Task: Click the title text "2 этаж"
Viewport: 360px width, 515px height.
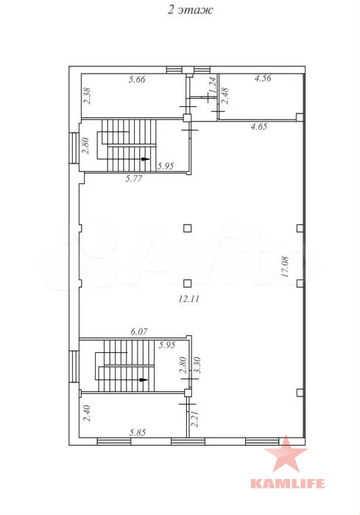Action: (x=191, y=10)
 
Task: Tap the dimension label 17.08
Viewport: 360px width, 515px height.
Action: (x=285, y=267)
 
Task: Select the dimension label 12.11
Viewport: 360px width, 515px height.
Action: (x=189, y=299)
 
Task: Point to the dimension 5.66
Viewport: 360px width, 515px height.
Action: (x=137, y=79)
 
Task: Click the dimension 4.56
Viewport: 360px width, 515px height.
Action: (x=263, y=78)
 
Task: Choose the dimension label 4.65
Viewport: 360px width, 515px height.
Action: (x=259, y=127)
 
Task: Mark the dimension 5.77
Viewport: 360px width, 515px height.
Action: (x=134, y=178)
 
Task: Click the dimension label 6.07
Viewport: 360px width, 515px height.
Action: (x=139, y=332)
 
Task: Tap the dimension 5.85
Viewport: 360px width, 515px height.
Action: (x=138, y=432)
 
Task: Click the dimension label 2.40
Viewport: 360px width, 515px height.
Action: (x=86, y=413)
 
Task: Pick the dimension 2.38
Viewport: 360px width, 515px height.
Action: (x=88, y=96)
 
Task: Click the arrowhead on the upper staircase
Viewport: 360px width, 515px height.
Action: (x=145, y=159)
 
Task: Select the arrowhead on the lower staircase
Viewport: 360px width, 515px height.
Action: (x=144, y=379)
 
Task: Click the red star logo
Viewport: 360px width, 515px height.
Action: (x=286, y=453)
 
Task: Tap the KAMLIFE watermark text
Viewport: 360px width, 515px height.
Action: (x=288, y=483)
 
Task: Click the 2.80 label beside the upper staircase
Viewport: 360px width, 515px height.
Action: (x=85, y=145)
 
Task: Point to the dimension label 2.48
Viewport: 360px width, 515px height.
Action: (x=225, y=96)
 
